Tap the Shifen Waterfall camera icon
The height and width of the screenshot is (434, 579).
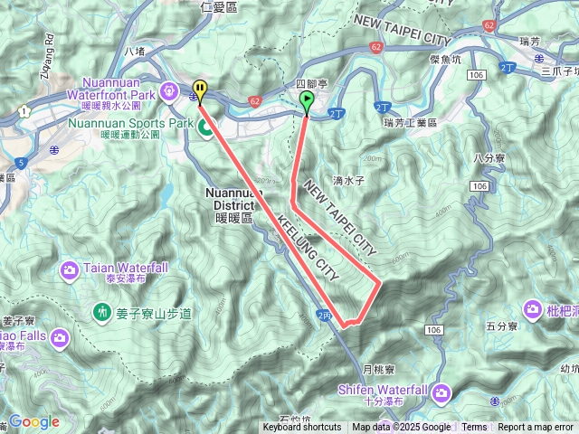pyautogui.click(x=441, y=392)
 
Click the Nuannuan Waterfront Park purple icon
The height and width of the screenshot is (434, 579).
pyautogui.click(x=169, y=90)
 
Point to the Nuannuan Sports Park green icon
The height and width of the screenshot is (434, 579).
pyautogui.click(x=206, y=128)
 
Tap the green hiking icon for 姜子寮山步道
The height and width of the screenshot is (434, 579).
pyautogui.click(x=101, y=313)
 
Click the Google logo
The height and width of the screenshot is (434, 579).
pyautogui.click(x=33, y=421)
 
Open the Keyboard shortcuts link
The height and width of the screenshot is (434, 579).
pyautogui.click(x=302, y=428)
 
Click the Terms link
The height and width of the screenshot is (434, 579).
pyautogui.click(x=474, y=428)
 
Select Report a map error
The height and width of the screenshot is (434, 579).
pyautogui.click(x=535, y=428)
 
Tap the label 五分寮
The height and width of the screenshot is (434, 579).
pyautogui.click(x=500, y=325)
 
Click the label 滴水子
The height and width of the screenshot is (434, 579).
pyautogui.click(x=346, y=181)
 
